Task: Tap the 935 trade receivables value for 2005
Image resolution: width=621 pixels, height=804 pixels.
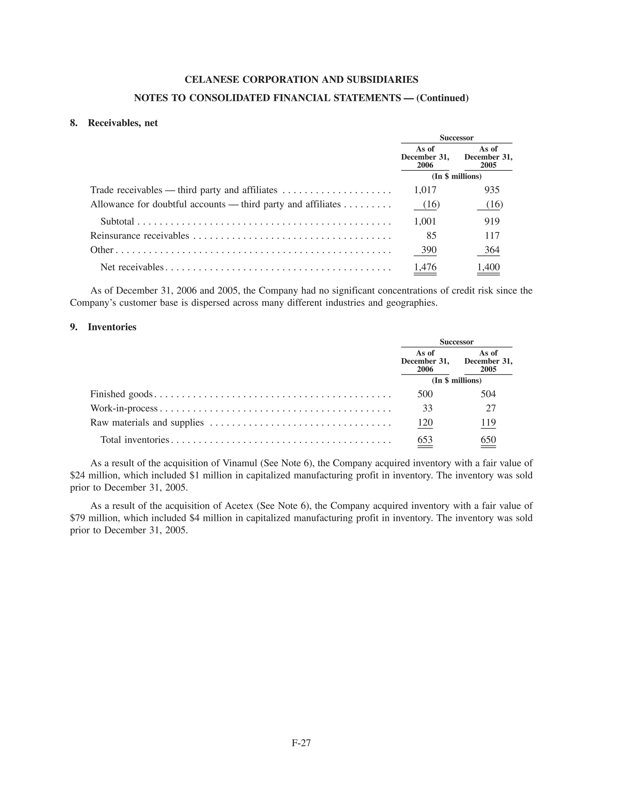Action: coord(492,190)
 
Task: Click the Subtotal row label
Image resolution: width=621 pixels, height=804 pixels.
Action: coord(117,221)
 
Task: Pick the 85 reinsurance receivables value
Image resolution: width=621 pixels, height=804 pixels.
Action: coord(431,236)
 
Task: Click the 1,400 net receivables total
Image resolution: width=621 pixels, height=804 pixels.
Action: coord(488,267)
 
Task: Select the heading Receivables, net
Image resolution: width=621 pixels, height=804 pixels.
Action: coord(123,123)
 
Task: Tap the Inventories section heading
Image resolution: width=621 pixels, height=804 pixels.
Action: coord(112,327)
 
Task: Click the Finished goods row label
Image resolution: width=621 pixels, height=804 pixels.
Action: coord(121,394)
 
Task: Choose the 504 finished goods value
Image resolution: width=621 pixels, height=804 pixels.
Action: coord(488,394)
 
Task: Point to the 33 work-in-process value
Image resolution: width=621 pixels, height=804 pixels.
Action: coord(427,408)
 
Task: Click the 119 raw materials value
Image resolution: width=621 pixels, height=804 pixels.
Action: coord(488,422)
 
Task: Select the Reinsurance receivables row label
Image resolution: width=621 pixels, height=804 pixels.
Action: coord(140,236)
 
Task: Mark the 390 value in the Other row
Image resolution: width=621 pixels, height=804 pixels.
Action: coord(428,250)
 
